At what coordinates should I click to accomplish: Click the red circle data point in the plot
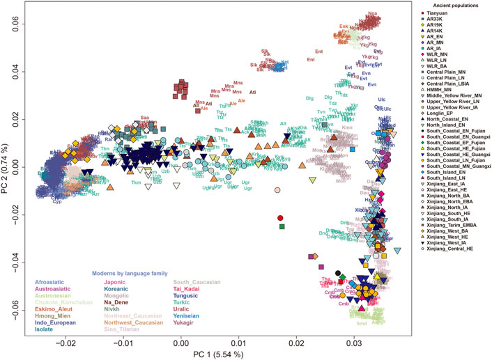(280, 218)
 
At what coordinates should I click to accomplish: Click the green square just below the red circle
(282, 226)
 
